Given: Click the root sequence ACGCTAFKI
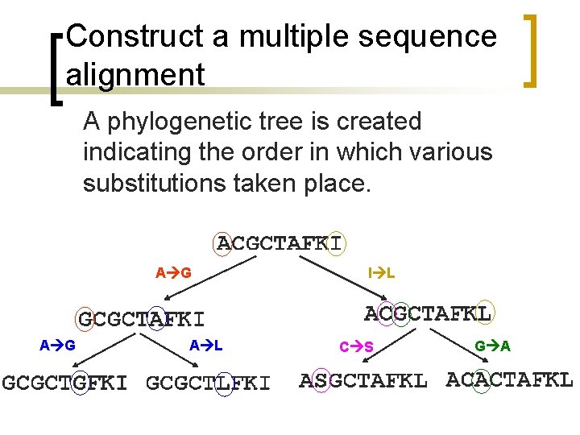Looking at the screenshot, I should tap(280, 242).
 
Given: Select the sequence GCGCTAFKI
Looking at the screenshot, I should tap(141, 319).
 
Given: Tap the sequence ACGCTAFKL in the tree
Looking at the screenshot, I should tap(428, 313).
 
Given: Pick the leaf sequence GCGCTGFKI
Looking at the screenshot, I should tap(64, 383).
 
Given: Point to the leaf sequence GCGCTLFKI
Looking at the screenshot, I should tap(208, 383).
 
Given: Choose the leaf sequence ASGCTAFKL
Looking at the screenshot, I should tap(362, 380).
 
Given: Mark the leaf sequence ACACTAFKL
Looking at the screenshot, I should tap(509, 379).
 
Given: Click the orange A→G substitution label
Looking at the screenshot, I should tap(173, 273).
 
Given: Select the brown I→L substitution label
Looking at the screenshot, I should tap(381, 273).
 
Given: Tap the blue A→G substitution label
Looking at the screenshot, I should tap(58, 346).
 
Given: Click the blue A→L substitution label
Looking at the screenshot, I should tap(205, 346).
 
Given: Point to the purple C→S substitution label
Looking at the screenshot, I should tap(355, 347).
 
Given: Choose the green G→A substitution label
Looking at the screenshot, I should tap(492, 346).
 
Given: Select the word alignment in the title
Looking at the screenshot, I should tap(135, 75).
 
